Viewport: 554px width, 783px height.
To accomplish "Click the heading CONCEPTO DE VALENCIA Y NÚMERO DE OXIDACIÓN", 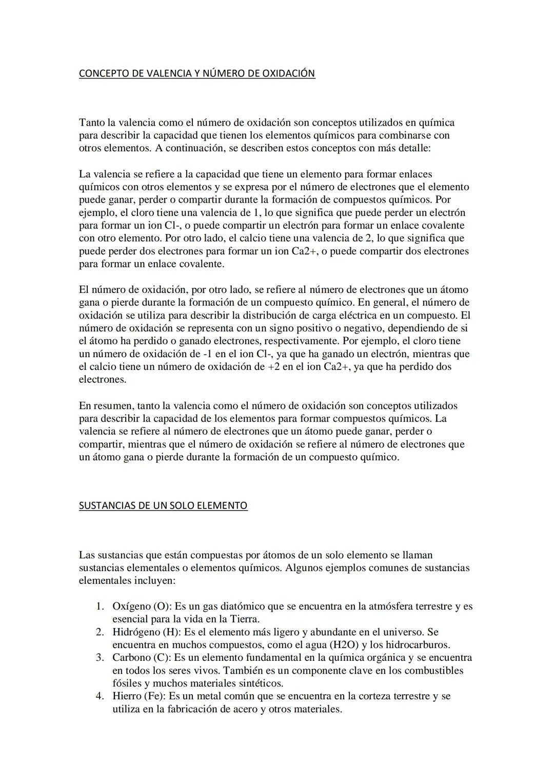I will coord(197,73).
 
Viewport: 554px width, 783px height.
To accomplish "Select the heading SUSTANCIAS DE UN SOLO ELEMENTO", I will coord(163,505).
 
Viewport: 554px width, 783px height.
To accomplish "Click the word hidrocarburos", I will coord(417,645).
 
